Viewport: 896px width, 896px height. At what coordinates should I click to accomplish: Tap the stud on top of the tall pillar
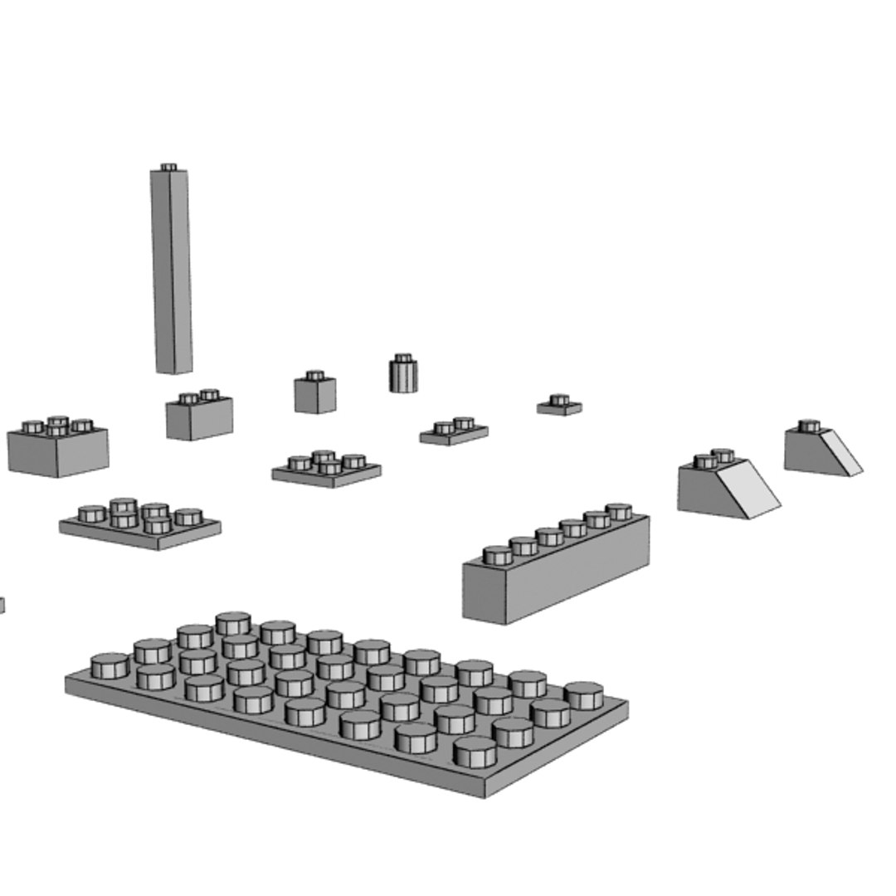pyautogui.click(x=168, y=168)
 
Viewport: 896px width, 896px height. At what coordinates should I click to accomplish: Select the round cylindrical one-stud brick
pyautogui.click(x=403, y=375)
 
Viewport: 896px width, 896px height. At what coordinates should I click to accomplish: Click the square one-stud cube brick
pyautogui.click(x=315, y=395)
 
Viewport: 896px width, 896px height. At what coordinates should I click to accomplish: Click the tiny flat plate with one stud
pyautogui.click(x=559, y=407)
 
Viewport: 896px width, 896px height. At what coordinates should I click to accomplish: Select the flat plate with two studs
pyautogui.click(x=454, y=434)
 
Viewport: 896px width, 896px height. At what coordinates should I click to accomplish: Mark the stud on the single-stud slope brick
pyautogui.click(x=810, y=426)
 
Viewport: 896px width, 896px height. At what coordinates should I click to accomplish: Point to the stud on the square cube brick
pyautogui.click(x=314, y=376)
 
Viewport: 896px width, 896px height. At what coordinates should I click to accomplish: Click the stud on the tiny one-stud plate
pyautogui.click(x=560, y=400)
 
